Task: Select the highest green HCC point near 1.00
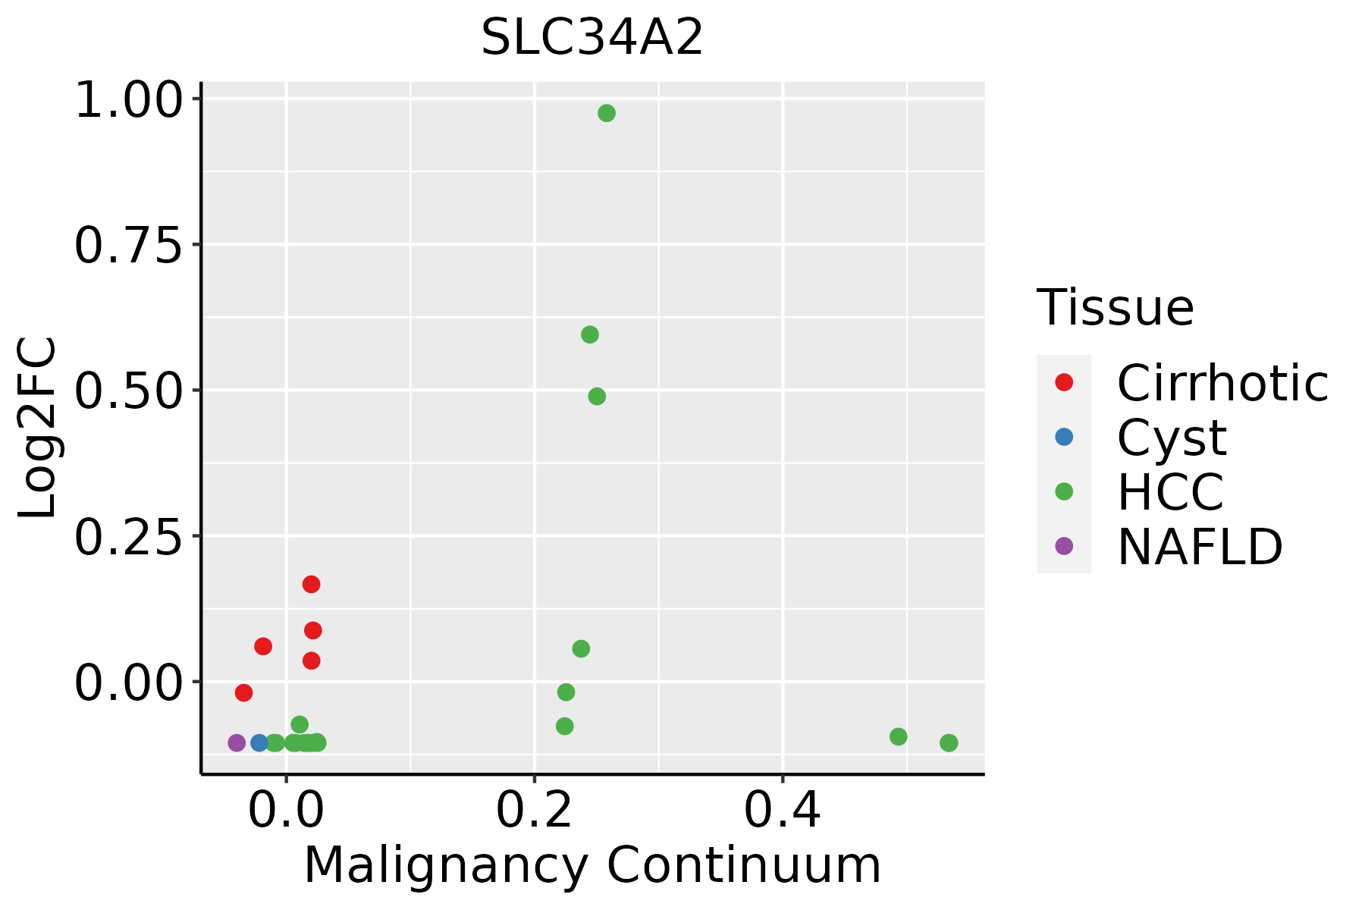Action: pos(607,114)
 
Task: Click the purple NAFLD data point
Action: pos(237,742)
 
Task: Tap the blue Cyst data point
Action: pos(259,742)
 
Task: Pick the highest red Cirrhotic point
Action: pos(311,584)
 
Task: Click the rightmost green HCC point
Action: pos(949,742)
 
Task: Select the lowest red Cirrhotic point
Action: pos(243,692)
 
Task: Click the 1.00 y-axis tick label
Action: pos(129,100)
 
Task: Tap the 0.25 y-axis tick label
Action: pos(129,538)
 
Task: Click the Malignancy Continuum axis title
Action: pos(592,866)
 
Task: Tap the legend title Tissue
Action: pos(1116,307)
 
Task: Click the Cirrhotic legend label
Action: pos(1222,383)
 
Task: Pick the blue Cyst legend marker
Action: pos(1064,437)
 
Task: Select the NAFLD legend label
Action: pos(1200,546)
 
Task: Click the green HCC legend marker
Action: pos(1064,491)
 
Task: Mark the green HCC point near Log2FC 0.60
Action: pos(590,334)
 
